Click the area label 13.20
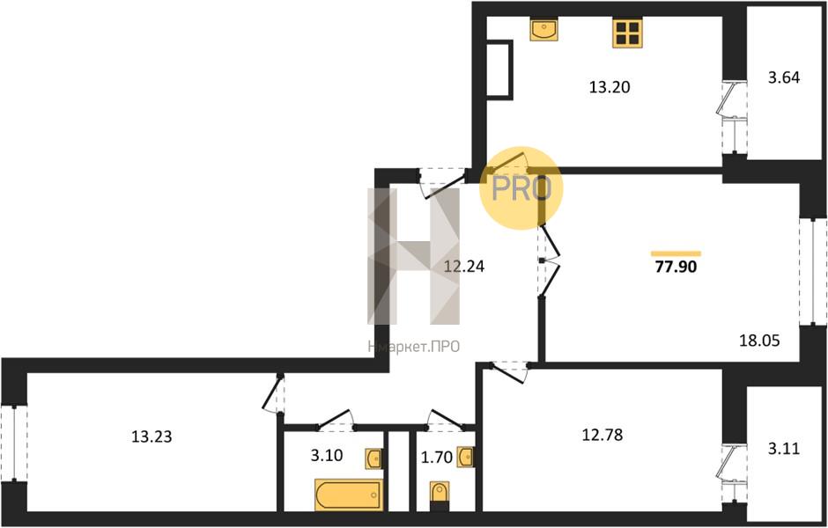[610, 87]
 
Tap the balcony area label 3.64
[784, 77]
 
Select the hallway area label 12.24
[463, 267]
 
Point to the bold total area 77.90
[676, 267]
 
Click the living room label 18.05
[758, 341]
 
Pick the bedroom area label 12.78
[602, 436]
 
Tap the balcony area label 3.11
[784, 449]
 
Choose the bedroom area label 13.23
[151, 436]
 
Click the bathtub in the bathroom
[348, 495]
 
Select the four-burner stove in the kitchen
[627, 33]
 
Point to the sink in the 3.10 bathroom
[373, 458]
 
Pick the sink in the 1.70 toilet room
[465, 457]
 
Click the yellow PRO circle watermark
[521, 187]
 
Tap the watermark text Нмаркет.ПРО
[413, 347]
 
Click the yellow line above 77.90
[676, 253]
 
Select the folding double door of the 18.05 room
[548, 260]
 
